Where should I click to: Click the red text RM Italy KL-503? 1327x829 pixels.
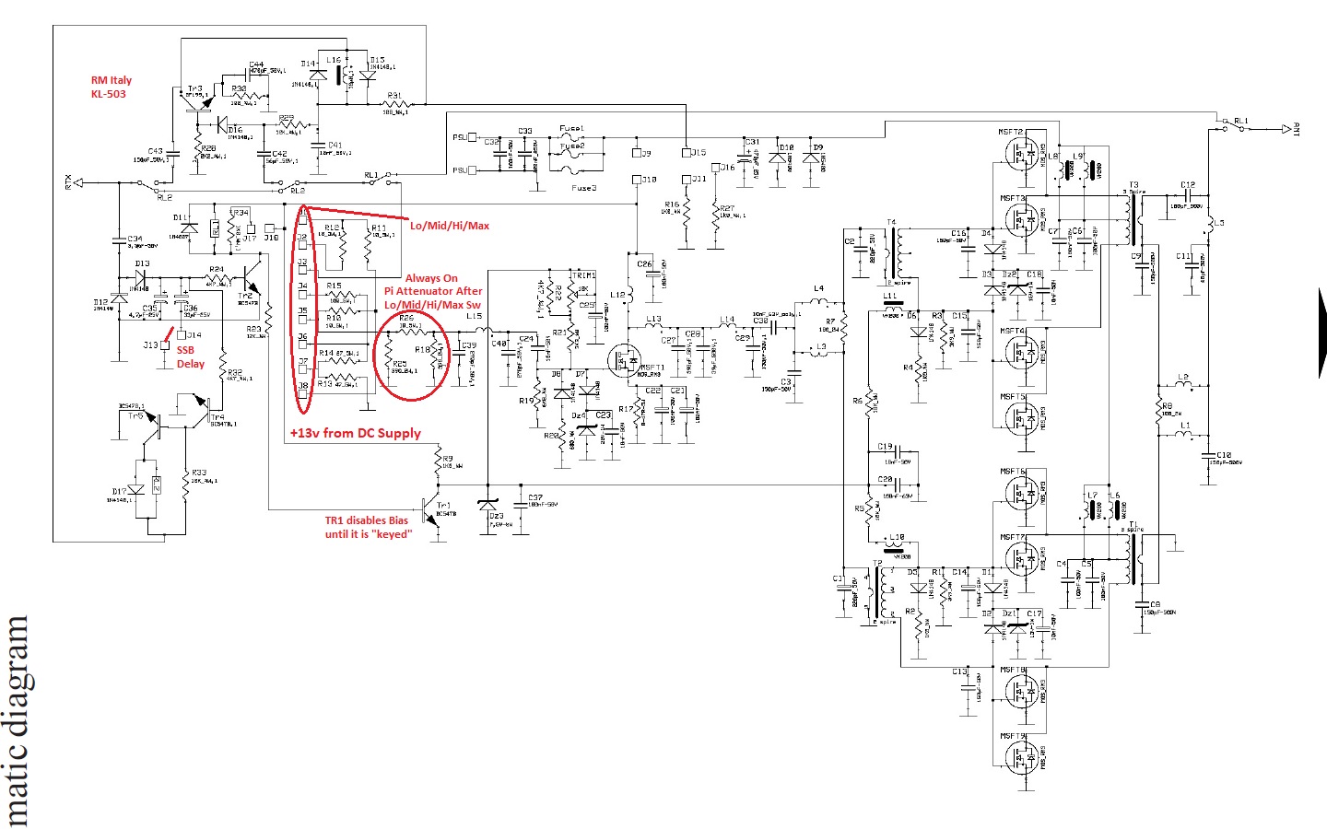tap(111, 87)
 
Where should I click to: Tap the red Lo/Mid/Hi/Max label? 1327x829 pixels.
tap(450, 225)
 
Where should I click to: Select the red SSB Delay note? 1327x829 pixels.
tap(189, 356)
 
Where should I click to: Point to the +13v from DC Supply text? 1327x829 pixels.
tap(355, 433)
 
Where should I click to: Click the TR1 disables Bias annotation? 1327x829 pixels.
tap(367, 527)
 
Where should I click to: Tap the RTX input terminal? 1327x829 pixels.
tap(78, 182)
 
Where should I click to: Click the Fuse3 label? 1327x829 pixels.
tap(583, 188)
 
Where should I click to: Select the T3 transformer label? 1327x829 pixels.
tap(1133, 185)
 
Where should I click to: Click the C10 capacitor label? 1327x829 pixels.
tap(1223, 455)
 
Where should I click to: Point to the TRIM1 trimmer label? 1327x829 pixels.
tap(582, 275)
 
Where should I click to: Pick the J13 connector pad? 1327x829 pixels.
tap(165, 345)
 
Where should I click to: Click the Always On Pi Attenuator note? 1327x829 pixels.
tap(433, 291)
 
